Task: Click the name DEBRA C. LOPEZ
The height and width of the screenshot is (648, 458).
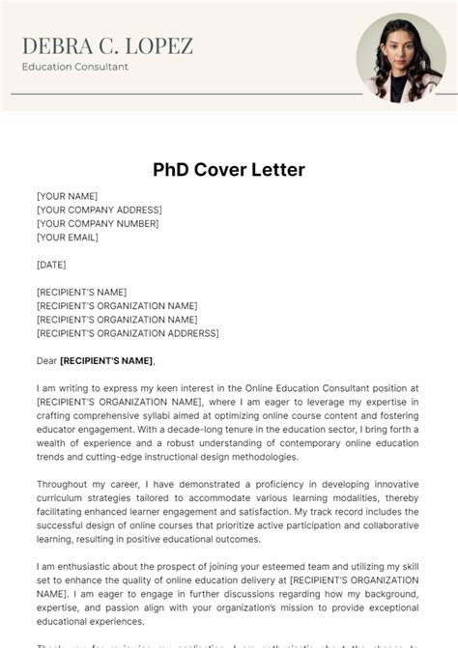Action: (x=107, y=45)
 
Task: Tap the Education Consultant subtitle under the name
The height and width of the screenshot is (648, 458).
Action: (x=74, y=67)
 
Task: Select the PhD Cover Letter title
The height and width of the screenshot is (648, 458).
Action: (x=229, y=170)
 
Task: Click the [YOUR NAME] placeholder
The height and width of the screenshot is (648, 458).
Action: (x=67, y=196)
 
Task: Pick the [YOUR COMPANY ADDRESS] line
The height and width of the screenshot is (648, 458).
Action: (x=99, y=210)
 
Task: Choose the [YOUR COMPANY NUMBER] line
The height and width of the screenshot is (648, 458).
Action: (x=97, y=223)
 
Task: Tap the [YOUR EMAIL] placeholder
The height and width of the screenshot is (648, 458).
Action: (x=68, y=237)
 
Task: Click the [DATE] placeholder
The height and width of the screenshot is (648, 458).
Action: (x=51, y=264)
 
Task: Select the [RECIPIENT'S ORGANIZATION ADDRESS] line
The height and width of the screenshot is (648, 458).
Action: (x=128, y=333)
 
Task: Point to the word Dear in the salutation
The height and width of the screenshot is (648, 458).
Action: (x=46, y=361)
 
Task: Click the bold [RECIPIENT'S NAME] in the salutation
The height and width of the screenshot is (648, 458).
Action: (x=107, y=361)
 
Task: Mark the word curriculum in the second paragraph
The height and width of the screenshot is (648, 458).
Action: (x=64, y=497)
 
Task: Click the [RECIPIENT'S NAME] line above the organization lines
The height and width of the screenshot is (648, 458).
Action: (x=81, y=292)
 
